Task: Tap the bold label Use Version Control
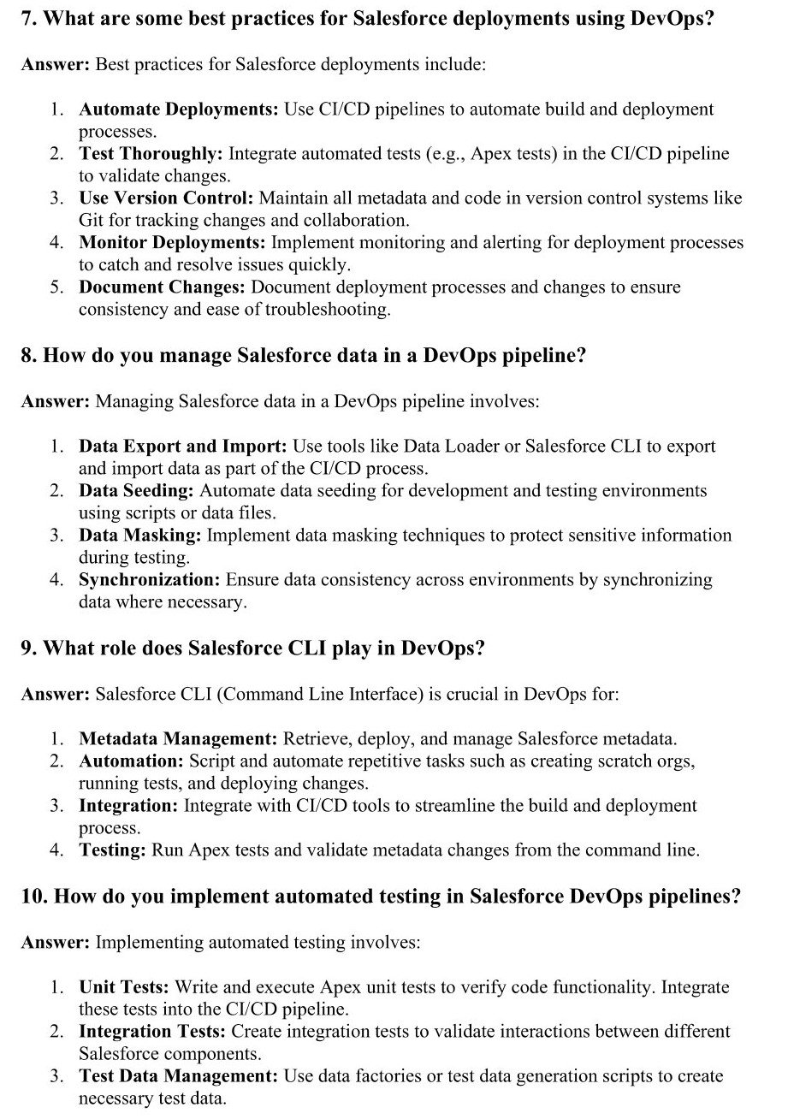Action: (166, 198)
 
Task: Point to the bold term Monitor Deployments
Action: (172, 243)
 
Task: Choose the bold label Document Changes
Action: (163, 287)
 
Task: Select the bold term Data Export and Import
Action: (183, 447)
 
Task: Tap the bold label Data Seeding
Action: (137, 491)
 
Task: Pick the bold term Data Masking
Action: (140, 536)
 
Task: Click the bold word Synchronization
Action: (150, 580)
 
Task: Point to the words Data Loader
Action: (442, 447)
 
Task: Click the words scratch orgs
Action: (649, 761)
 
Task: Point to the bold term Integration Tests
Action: (152, 1032)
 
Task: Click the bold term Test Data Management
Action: (178, 1076)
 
